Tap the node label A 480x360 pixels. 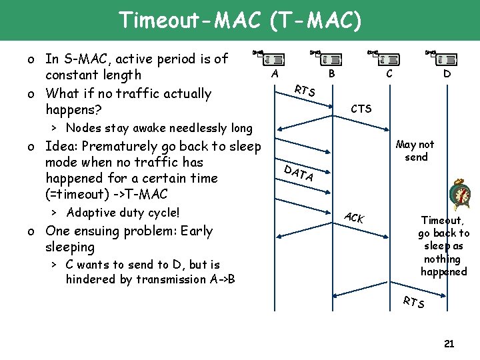[275, 74]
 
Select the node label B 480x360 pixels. [332, 74]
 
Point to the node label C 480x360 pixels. [388, 74]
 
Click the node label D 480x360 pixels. [447, 74]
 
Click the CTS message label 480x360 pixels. [361, 109]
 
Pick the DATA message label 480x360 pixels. [298, 173]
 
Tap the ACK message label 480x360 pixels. [354, 217]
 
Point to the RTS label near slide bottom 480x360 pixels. [413, 302]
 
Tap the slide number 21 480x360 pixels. [449, 343]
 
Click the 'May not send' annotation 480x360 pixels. [415, 151]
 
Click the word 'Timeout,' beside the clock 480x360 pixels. [443, 219]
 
